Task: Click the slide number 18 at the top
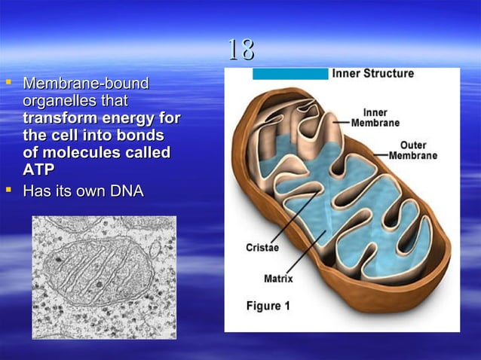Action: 240,50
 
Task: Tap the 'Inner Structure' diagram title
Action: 373,74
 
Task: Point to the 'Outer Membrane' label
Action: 413,150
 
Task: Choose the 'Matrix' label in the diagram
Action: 278,279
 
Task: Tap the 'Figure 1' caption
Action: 268,306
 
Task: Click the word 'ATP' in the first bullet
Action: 39,169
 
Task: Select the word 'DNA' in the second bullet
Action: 126,191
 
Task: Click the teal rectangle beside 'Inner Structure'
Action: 290,74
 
